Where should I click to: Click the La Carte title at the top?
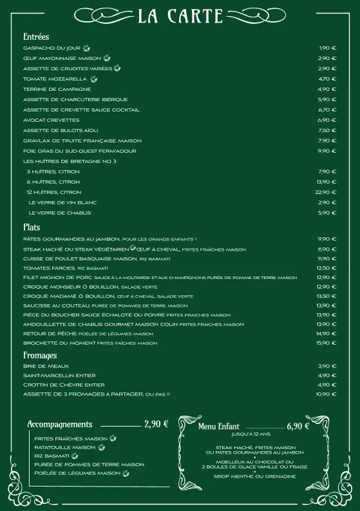click(180, 16)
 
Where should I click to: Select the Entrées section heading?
click(36, 37)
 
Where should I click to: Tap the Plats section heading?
click(32, 227)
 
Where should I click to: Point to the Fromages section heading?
click(40, 355)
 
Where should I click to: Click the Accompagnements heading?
click(60, 425)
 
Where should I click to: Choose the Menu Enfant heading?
click(219, 427)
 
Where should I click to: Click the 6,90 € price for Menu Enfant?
click(298, 426)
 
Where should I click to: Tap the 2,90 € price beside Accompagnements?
click(156, 424)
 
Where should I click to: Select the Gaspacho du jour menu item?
click(52, 48)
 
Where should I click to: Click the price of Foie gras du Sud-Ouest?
click(327, 151)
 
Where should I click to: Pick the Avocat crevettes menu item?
click(51, 120)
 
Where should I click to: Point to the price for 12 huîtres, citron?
click(326, 192)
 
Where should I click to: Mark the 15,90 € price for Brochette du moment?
click(327, 343)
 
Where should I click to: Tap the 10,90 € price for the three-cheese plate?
click(327, 394)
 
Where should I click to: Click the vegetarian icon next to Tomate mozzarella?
click(94, 79)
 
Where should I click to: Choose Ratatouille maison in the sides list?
click(64, 447)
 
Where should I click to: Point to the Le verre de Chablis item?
click(59, 213)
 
